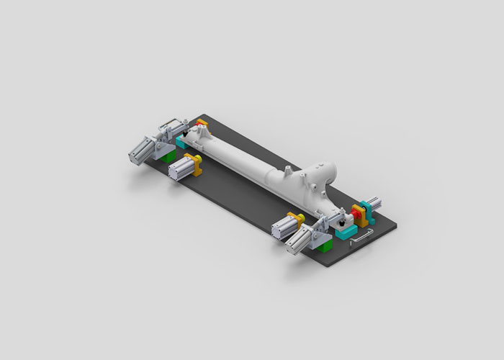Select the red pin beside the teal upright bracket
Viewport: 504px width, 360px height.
click(x=356, y=211)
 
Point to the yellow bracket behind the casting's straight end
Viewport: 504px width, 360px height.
click(x=201, y=129)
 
